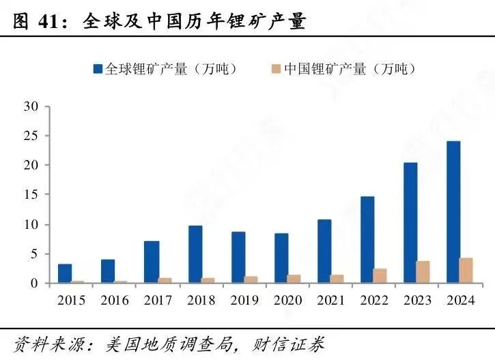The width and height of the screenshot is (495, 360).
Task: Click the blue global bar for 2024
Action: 453,212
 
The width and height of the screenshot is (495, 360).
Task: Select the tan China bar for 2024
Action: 467,271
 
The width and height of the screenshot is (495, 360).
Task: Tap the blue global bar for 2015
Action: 65,273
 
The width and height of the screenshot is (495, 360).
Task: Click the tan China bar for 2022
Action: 380,275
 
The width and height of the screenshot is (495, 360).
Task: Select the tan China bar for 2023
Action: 423,272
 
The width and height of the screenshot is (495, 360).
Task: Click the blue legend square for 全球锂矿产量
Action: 98,69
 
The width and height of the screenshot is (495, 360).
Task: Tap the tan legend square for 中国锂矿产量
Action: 277,69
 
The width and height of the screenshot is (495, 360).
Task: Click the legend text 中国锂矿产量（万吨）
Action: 350,69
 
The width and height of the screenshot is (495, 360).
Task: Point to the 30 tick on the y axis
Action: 31,106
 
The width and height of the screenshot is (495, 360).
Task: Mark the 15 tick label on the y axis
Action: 31,195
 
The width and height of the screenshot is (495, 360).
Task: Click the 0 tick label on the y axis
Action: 34,283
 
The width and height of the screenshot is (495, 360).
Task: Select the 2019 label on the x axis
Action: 244,301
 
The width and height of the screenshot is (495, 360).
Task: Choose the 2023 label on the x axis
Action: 416,301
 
